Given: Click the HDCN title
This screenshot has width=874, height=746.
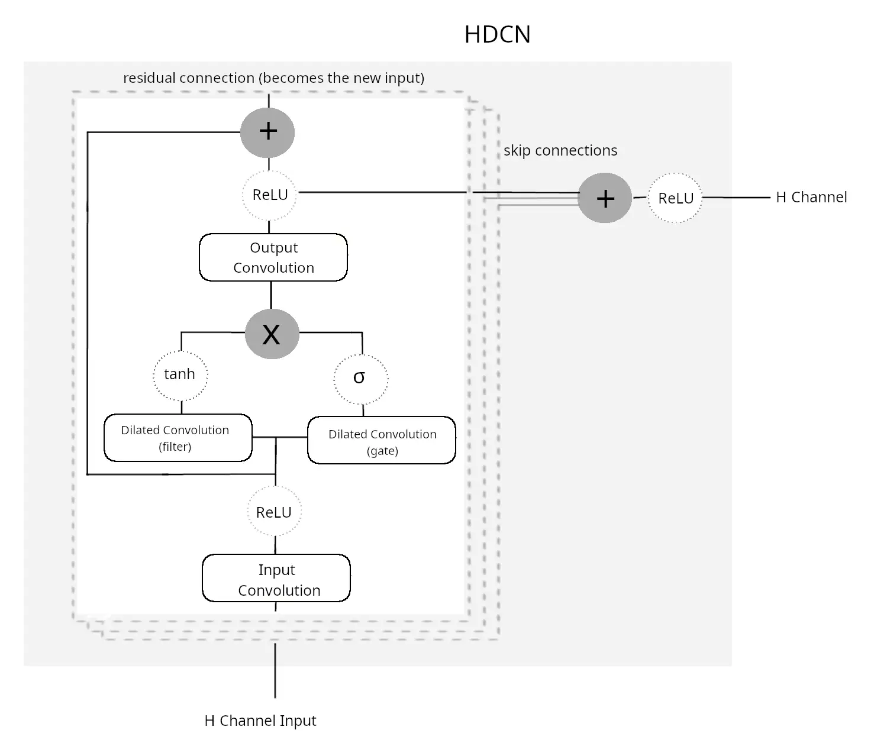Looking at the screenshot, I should (x=497, y=34).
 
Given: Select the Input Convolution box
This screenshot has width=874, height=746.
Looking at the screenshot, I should (x=276, y=579).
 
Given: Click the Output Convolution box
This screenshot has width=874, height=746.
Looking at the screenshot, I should (x=273, y=257).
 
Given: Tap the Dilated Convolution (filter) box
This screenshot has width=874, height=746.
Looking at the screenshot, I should (x=178, y=438).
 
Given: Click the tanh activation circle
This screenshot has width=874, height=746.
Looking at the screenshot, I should (x=180, y=374).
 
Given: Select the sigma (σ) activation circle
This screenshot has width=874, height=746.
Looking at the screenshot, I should (x=360, y=379).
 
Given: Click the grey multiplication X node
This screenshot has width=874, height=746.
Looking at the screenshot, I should (x=272, y=334).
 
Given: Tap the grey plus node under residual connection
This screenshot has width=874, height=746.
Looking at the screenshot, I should (x=267, y=131).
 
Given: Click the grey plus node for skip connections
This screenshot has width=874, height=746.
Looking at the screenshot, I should (x=604, y=198).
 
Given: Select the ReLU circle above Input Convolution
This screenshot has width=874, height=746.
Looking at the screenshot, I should (x=274, y=512).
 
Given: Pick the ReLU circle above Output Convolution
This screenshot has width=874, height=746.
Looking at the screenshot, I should (x=270, y=195).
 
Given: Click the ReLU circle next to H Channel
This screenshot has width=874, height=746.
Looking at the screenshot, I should (x=675, y=198).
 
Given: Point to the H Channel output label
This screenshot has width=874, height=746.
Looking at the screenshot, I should (x=811, y=198).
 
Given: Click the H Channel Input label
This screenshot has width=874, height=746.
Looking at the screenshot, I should (x=260, y=721).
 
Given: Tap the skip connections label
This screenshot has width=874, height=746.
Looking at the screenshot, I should (x=560, y=151).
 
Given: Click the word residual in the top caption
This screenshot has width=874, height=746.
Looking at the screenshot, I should (x=150, y=78).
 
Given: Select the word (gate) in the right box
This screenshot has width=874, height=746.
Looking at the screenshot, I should (x=382, y=451).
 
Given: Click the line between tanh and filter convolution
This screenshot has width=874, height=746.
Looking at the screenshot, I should (x=181, y=406).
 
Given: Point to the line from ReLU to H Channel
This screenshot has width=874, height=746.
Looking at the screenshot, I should (x=737, y=198).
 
